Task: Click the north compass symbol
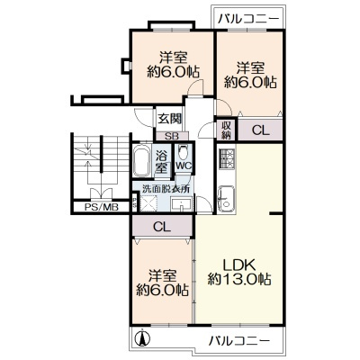tap(142, 337)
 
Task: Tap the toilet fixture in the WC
tap(183, 153)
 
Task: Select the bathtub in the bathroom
tap(141, 161)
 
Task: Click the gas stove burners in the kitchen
tap(227, 158)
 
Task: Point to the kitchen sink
tap(227, 199)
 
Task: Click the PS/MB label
tap(102, 207)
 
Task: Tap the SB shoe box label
tap(172, 136)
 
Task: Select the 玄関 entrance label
tap(170, 119)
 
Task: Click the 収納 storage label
tap(227, 130)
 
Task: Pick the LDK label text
tap(239, 265)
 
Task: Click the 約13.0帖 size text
tap(239, 280)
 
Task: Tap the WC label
tap(184, 166)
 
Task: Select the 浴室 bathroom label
tap(161, 163)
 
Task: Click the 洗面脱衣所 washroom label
tap(162, 189)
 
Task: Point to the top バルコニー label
tap(247, 20)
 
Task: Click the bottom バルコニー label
tap(239, 341)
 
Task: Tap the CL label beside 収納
tap(261, 130)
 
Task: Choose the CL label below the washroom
tap(162, 227)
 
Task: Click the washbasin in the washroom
tap(182, 204)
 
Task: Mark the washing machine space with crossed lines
tap(149, 203)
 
